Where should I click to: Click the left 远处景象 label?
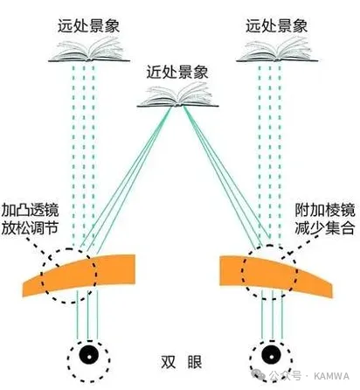point(89,26)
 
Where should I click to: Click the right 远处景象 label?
point(277,26)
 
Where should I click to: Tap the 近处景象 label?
point(177,72)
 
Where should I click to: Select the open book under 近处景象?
point(177,95)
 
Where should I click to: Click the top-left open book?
point(89,50)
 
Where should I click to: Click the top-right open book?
point(277,50)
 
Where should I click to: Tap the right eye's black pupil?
point(271,354)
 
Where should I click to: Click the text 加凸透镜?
point(30,211)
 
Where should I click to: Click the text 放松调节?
point(30,228)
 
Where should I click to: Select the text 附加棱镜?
point(325,211)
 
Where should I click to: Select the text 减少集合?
point(325,228)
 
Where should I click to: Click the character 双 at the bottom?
point(169,362)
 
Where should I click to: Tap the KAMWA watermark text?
point(331,376)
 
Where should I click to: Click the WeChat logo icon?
point(259,375)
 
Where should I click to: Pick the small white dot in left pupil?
point(89,357)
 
